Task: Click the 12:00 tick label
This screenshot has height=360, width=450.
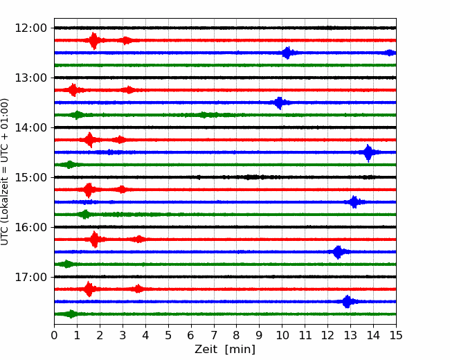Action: pyautogui.click(x=30, y=28)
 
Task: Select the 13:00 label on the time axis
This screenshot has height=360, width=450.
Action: pyautogui.click(x=30, y=78)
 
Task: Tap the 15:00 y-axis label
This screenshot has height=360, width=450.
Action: pyautogui.click(x=30, y=177)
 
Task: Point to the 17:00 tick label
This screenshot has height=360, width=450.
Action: pyautogui.click(x=30, y=277)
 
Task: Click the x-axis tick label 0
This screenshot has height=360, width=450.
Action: pyautogui.click(x=54, y=335)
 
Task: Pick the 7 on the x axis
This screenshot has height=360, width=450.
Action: pyautogui.click(x=214, y=335)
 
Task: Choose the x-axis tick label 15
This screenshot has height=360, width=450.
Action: pyautogui.click(x=396, y=335)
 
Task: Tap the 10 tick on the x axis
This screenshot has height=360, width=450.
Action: pyautogui.click(x=282, y=335)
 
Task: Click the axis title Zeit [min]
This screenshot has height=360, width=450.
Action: pyautogui.click(x=225, y=350)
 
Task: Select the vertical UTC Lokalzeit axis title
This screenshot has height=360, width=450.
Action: pyautogui.click(x=5, y=172)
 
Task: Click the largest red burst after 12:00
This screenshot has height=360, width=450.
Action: pyautogui.click(x=94, y=41)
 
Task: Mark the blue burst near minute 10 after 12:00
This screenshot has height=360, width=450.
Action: pyautogui.click(x=287, y=53)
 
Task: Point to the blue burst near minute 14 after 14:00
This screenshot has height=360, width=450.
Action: pyautogui.click(x=368, y=153)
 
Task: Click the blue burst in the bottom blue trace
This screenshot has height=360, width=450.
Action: pyautogui.click(x=348, y=301)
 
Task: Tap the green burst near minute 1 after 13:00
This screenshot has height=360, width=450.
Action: pyautogui.click(x=77, y=115)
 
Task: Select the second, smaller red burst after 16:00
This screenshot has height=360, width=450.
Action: pyautogui.click(x=139, y=239)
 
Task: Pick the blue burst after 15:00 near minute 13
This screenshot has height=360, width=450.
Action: pyautogui.click(x=354, y=202)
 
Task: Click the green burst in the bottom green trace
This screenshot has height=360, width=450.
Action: pyautogui.click(x=71, y=314)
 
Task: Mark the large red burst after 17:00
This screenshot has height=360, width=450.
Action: pyautogui.click(x=89, y=289)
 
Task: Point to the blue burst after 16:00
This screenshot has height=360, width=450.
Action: pyautogui.click(x=338, y=252)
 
